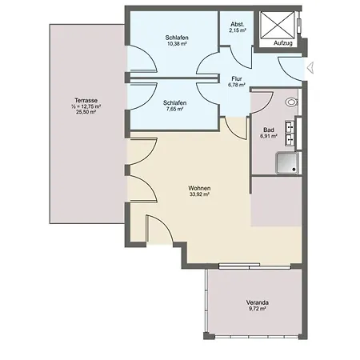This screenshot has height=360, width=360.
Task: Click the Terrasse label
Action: (86, 100)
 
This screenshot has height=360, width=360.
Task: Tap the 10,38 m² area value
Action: (177, 43)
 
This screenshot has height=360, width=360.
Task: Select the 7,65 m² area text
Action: (174, 109)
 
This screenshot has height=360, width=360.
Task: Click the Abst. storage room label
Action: (238, 24)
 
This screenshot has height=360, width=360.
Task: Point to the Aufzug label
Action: (283, 43)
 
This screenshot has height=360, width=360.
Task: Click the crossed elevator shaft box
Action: (277, 25)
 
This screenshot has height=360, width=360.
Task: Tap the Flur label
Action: (237, 78)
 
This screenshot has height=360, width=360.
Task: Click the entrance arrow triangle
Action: (310, 67)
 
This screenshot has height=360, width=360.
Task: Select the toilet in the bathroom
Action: (291, 102)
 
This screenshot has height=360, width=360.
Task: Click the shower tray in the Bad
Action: (287, 163)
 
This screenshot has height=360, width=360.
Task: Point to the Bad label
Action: (269, 130)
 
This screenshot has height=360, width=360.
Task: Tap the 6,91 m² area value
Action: (269, 136)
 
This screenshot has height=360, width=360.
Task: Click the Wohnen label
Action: (199, 188)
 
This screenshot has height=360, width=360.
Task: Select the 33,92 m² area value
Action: (199, 194)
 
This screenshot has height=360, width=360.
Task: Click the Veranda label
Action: (257, 302)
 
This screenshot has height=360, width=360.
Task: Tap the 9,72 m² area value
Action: (257, 309)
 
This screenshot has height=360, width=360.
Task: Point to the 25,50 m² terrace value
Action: (86, 112)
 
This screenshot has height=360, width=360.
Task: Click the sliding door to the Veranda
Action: (254, 266)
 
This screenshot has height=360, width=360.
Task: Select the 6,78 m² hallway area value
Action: (237, 85)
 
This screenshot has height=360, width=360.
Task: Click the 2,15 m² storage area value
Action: (238, 30)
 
